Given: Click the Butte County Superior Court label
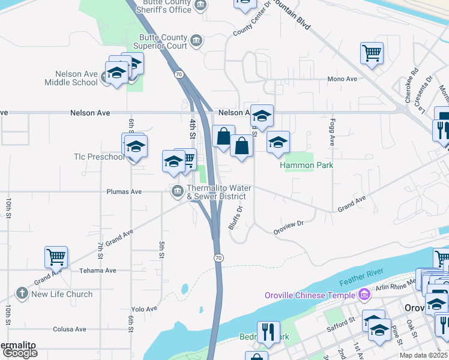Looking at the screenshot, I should [160, 41].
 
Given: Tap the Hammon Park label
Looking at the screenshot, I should [306, 165].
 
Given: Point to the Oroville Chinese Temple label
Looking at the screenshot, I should [310, 295].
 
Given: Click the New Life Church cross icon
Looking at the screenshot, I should [22, 294].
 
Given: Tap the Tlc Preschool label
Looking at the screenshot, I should [99, 157].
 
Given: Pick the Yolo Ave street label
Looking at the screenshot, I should [144, 309].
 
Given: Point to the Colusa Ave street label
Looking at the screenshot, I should [69, 329].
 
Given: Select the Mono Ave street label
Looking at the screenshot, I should [342, 79].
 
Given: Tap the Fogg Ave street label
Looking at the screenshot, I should [331, 132].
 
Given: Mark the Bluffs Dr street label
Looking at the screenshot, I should [235, 218].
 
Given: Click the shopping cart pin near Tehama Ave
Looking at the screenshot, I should [56, 257].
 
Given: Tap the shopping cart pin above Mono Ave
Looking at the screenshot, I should [372, 53].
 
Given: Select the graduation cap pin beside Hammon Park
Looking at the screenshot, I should [278, 142].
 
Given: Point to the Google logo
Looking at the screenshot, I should [20, 353].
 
